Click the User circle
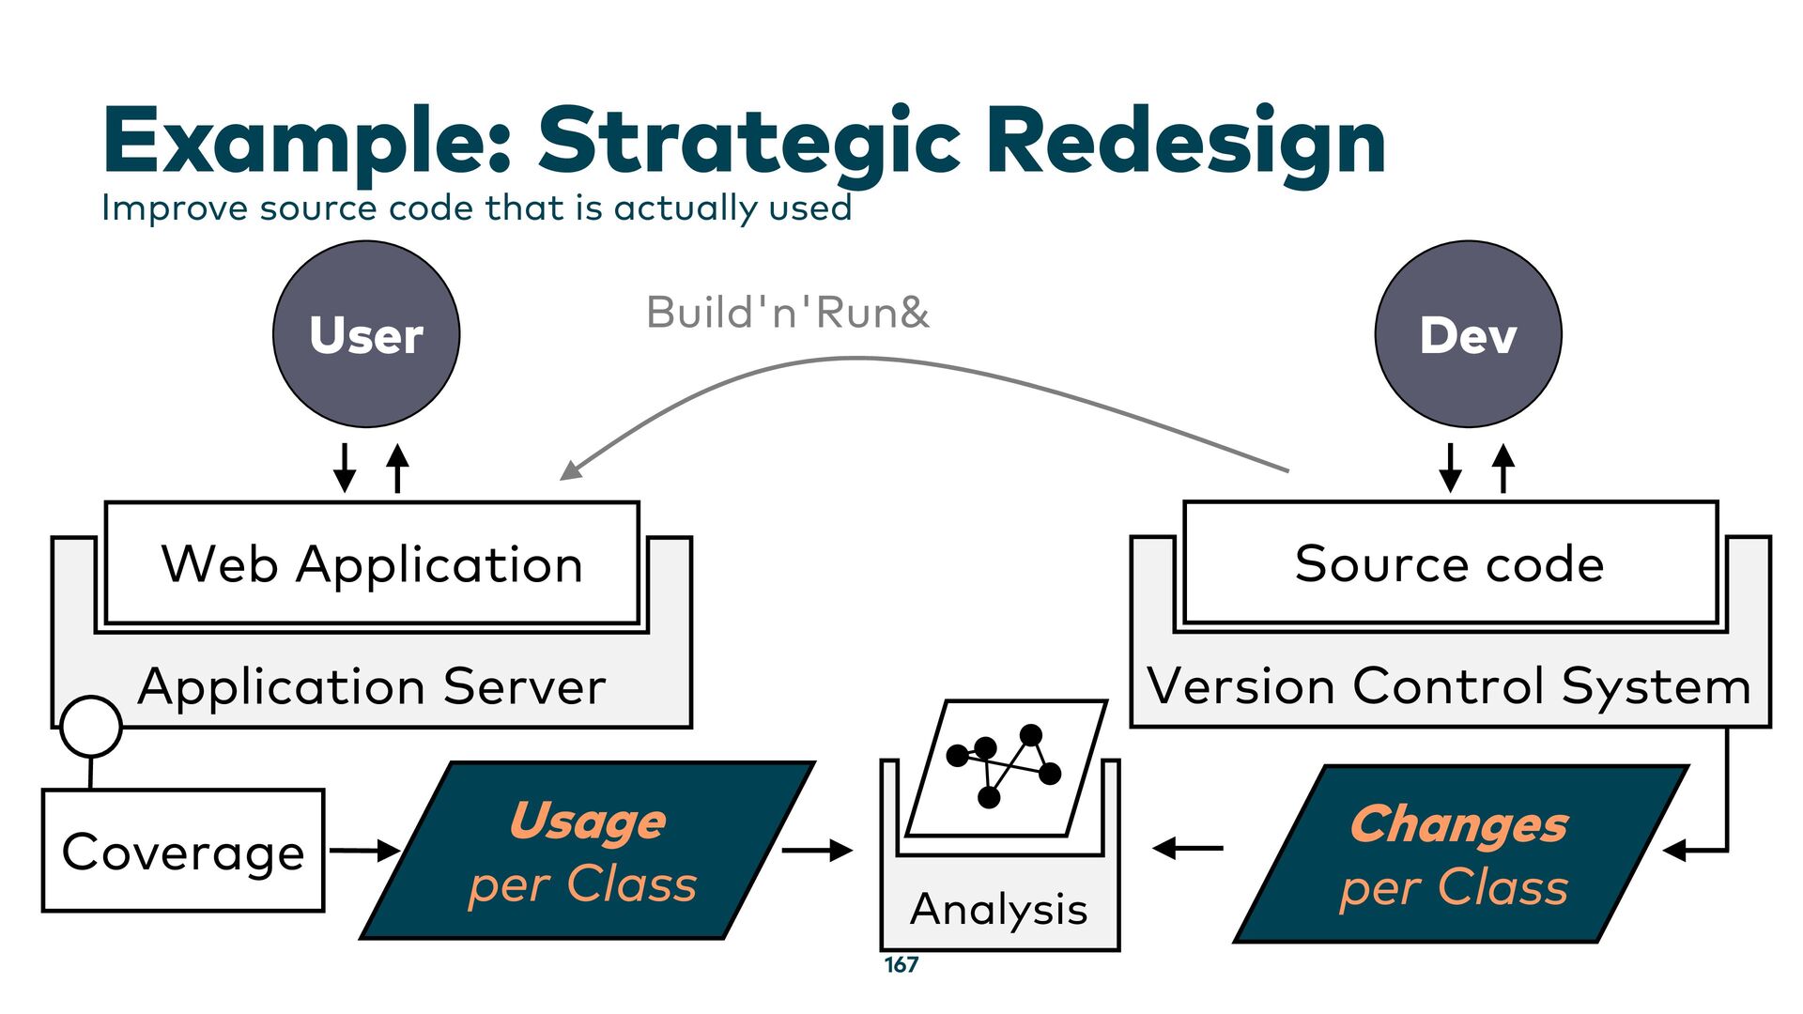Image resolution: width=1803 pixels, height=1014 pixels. (x=366, y=334)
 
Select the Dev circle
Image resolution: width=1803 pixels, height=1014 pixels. (x=1468, y=334)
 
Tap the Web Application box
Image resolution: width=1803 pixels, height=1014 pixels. (x=372, y=563)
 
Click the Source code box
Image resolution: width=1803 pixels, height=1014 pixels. (x=1450, y=563)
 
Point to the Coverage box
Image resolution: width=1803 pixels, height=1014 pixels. (x=183, y=851)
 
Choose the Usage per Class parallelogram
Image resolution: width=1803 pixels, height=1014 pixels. (x=587, y=851)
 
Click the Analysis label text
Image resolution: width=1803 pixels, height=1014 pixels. (x=999, y=909)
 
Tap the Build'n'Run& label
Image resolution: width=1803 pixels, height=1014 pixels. (x=787, y=313)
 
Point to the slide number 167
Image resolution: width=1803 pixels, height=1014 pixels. (x=901, y=965)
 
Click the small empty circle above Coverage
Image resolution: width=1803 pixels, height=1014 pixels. (x=91, y=727)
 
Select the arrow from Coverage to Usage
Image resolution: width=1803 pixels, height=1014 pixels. (x=364, y=851)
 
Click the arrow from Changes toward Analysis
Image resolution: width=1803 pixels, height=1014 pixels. (x=1188, y=849)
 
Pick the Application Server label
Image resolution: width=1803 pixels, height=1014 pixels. (x=372, y=686)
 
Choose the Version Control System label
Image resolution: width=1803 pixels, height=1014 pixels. (x=1450, y=686)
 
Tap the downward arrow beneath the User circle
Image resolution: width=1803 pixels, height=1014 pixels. (x=345, y=468)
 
